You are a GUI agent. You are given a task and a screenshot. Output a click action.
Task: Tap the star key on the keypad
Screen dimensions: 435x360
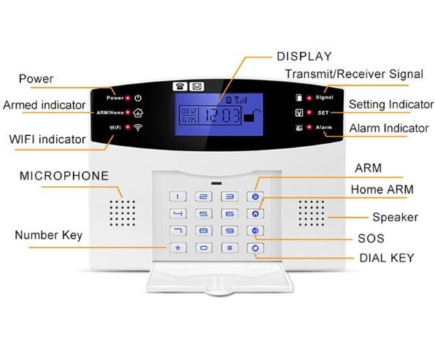[178, 248]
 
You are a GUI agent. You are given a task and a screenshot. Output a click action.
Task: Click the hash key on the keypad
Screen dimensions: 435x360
[230, 248]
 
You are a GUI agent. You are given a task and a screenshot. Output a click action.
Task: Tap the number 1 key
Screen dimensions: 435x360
[178, 196]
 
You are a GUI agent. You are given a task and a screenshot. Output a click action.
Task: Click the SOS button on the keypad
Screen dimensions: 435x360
[255, 231]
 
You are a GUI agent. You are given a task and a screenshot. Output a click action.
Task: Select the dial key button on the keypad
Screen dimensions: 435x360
[255, 248]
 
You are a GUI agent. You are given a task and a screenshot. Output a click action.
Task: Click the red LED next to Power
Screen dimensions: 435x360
[128, 98]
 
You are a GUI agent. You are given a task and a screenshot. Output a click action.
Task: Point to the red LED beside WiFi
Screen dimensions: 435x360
[128, 127]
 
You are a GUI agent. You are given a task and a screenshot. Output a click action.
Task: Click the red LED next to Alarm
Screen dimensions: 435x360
[309, 127]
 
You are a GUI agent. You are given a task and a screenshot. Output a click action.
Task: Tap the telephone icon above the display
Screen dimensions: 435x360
[180, 87]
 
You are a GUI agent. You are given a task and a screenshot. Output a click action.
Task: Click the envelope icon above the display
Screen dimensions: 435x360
[196, 87]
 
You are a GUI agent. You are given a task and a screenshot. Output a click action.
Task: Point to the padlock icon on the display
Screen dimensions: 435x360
[253, 116]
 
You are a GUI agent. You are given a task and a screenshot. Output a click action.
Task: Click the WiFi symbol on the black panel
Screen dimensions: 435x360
[138, 127]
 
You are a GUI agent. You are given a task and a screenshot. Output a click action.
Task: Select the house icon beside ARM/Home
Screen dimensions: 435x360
[138, 112]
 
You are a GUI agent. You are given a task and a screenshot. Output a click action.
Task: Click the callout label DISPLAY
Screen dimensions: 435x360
[304, 56]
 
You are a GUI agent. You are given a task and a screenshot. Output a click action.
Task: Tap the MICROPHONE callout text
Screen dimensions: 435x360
[64, 176]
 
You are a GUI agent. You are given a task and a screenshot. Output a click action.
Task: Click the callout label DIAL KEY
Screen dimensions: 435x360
[387, 258]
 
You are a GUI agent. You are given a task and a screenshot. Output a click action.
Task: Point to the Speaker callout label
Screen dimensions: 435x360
[395, 217]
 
